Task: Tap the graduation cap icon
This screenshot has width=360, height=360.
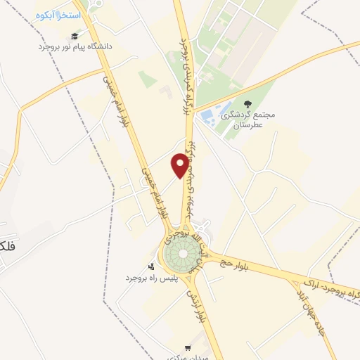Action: point(75,36)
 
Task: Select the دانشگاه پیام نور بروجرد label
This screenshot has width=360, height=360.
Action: point(75,46)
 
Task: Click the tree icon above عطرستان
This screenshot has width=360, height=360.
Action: point(246,103)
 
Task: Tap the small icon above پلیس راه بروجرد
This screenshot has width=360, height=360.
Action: point(151,267)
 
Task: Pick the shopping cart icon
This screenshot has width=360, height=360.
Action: point(187,347)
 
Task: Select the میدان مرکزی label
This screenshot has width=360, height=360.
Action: point(187,357)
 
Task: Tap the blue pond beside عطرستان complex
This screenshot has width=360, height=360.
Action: point(209,116)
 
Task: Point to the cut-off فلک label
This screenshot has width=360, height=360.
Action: point(6,247)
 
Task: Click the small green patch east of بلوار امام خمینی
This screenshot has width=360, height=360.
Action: point(147,79)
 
